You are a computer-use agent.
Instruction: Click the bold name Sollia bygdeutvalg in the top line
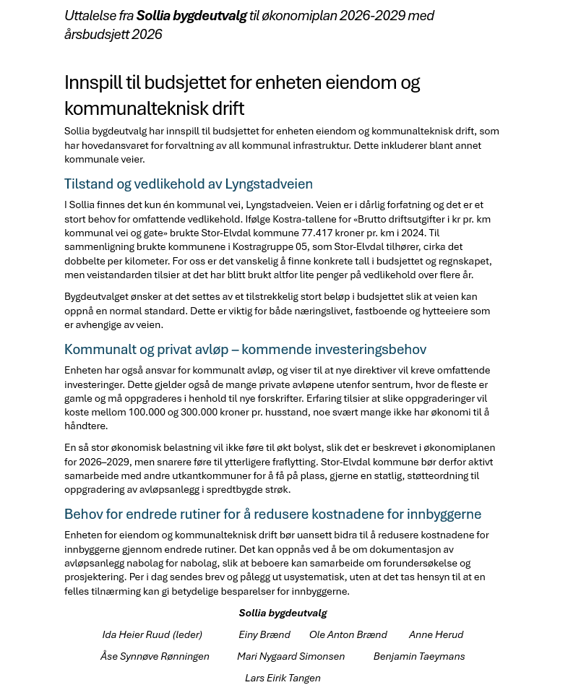[x=192, y=15]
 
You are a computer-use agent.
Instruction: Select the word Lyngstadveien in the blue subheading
[x=269, y=184]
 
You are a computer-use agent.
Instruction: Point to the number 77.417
[x=318, y=233]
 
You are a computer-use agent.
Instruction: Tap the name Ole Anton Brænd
[x=348, y=634]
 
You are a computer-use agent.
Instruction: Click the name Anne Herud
[x=436, y=634]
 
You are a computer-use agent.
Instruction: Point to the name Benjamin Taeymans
[x=418, y=656]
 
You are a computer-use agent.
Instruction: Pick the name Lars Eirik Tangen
[x=283, y=678]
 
